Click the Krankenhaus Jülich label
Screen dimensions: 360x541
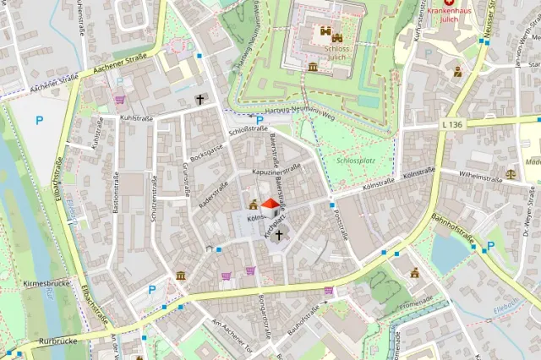(x=447, y=16)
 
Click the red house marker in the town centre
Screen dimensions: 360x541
(x=270, y=205)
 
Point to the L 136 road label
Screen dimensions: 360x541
(x=452, y=124)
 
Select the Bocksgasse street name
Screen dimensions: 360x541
(x=207, y=151)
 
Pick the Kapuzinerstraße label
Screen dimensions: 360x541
(x=276, y=171)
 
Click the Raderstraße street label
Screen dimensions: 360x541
(x=213, y=194)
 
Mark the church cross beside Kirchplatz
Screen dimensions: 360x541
(x=279, y=234)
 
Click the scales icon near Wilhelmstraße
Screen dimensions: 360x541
(x=510, y=172)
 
